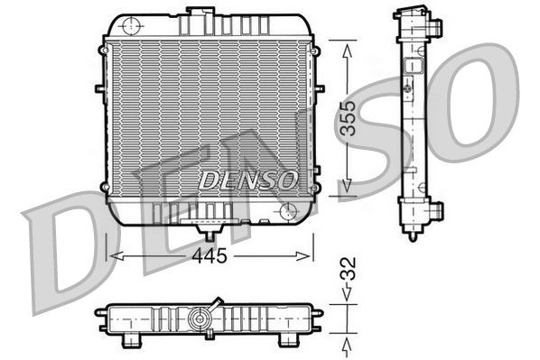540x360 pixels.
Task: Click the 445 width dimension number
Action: pos(209,255)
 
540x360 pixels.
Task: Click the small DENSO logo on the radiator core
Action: pos(247,180)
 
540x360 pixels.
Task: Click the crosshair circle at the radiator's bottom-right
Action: pos(288,210)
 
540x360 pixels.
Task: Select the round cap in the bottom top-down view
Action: pos(200,318)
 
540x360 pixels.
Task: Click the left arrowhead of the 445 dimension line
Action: pos(112,256)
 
